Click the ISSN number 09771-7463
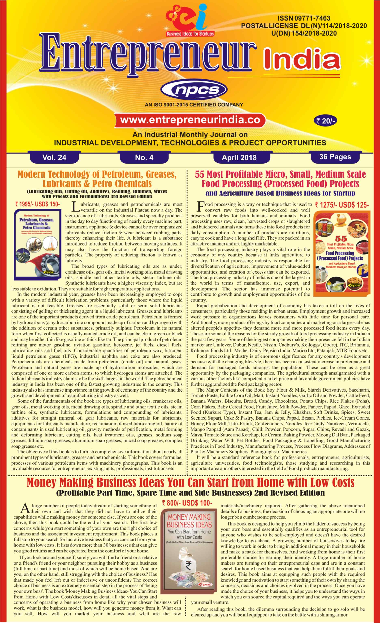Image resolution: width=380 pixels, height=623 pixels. pyautogui.click(x=304, y=18)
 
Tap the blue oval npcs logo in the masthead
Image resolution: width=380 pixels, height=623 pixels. pyautogui.click(x=194, y=90)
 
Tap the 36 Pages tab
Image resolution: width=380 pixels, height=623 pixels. pyautogui.click(x=335, y=157)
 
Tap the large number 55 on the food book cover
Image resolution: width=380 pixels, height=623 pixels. pyautogui.click(x=341, y=238)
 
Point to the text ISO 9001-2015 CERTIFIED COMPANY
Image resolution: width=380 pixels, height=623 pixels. pyautogui.click(x=194, y=105)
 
